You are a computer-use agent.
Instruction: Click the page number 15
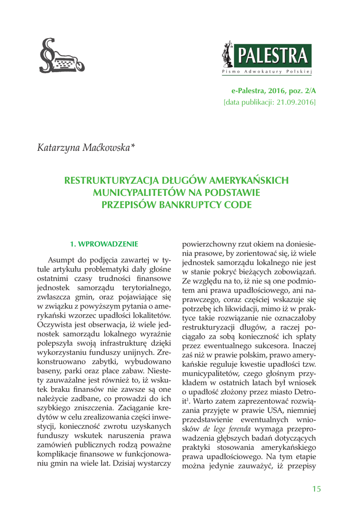[x=315, y=474]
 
